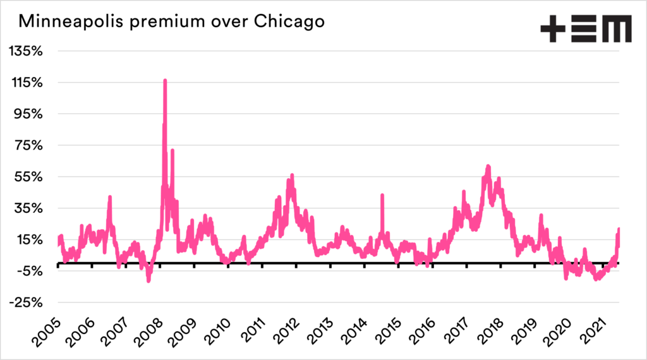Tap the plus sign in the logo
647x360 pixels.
point(553,30)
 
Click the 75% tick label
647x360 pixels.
point(27,145)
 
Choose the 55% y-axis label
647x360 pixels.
point(27,177)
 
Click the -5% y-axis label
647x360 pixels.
point(28,271)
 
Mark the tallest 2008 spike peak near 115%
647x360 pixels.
point(165,81)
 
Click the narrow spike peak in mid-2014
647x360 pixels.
point(382,196)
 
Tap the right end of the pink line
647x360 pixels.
point(619,229)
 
